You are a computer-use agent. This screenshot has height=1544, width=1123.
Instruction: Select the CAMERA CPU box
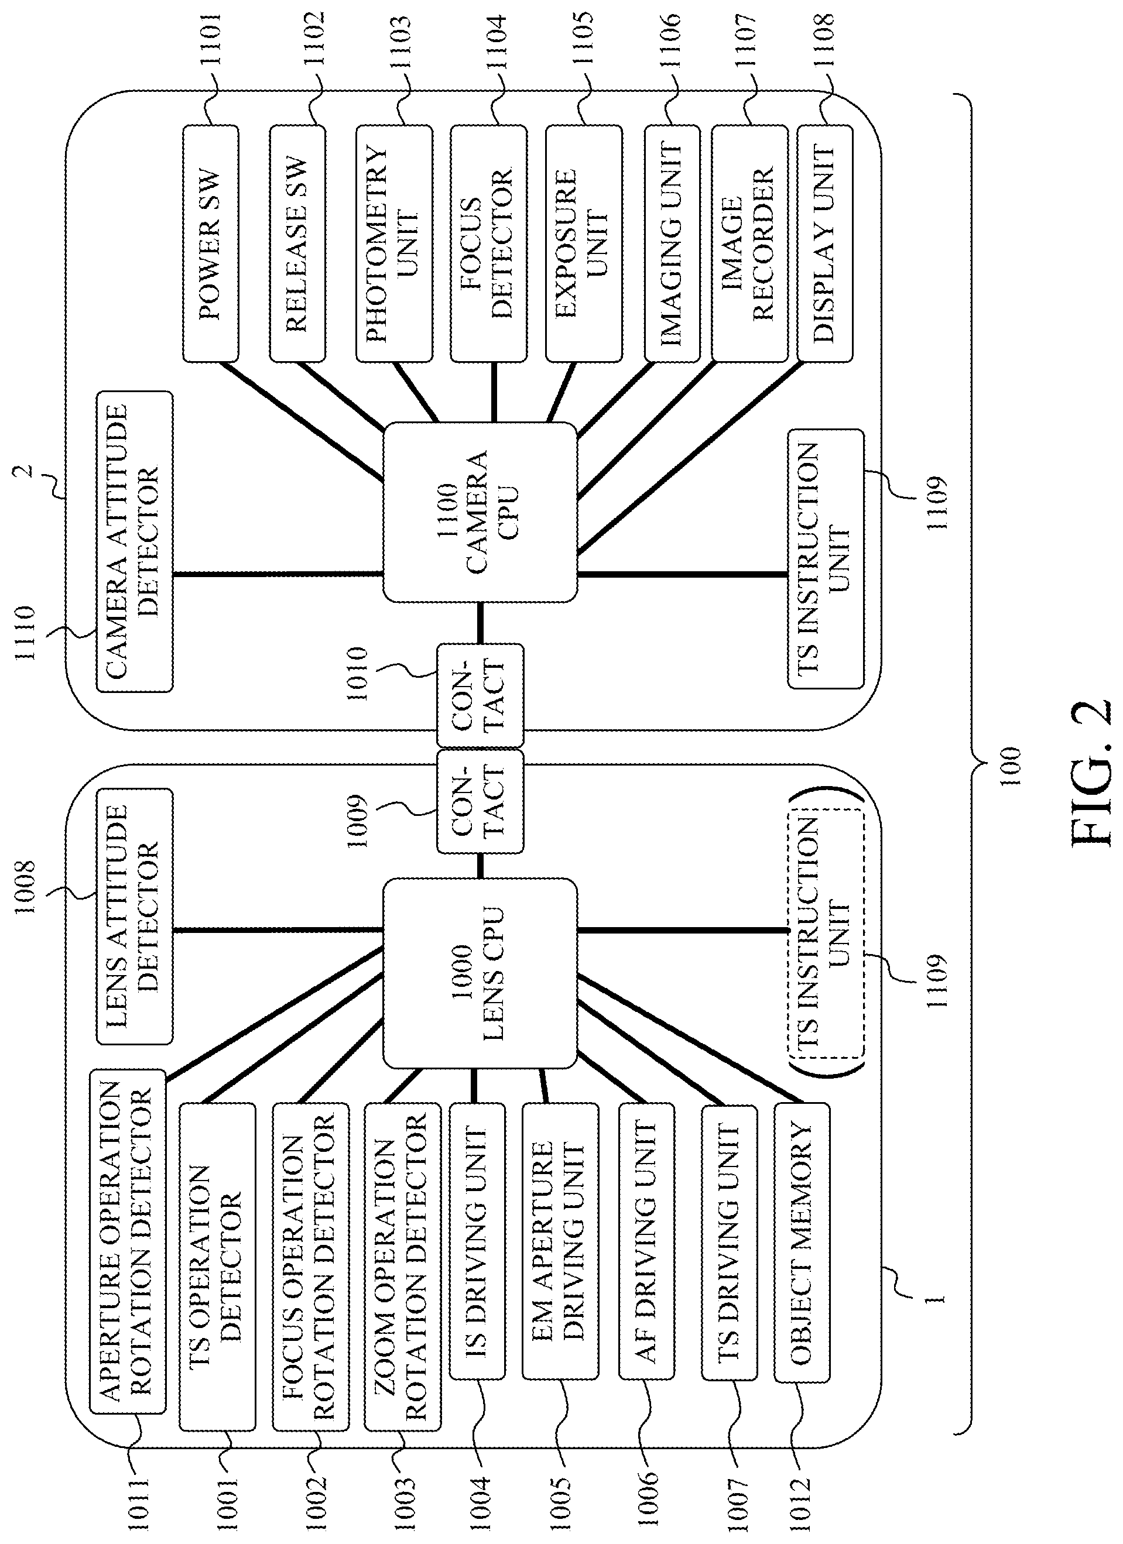coord(480,512)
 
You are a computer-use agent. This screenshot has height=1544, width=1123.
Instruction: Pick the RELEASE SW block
coord(297,243)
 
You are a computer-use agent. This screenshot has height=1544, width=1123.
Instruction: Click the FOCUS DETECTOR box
coord(488,243)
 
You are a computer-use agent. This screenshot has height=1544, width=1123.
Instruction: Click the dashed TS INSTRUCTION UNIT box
coord(826,943)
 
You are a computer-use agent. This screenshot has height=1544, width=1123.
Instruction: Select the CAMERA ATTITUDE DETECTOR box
coord(134,541)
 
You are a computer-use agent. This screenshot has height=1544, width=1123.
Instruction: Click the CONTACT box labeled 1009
coord(480,801)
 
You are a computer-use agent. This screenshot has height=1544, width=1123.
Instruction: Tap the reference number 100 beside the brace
coord(1011,767)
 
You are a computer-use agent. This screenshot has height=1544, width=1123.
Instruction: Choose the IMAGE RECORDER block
coord(750,243)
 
